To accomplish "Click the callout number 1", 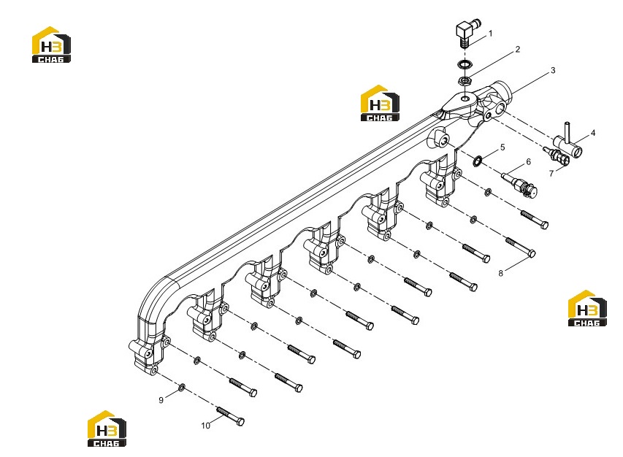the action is (x=490, y=34).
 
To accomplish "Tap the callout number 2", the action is (x=517, y=49).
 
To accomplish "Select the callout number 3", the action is (x=553, y=70).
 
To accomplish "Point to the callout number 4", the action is (x=593, y=133).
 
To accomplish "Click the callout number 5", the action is (x=502, y=147).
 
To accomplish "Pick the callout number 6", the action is (x=529, y=161).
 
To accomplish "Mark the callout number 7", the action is (x=551, y=174).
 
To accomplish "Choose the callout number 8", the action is (x=500, y=273).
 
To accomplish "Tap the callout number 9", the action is (x=161, y=400).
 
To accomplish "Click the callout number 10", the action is (x=205, y=426).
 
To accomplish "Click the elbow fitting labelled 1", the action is (x=467, y=33).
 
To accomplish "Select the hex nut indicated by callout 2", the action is (x=465, y=80).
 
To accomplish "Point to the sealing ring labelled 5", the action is (x=478, y=161).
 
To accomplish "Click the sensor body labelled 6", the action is (x=520, y=184).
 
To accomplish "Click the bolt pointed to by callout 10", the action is (x=230, y=415).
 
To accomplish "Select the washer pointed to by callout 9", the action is (x=182, y=387).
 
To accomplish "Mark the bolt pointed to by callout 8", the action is (x=521, y=247).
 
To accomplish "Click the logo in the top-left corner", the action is (x=51, y=45).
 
